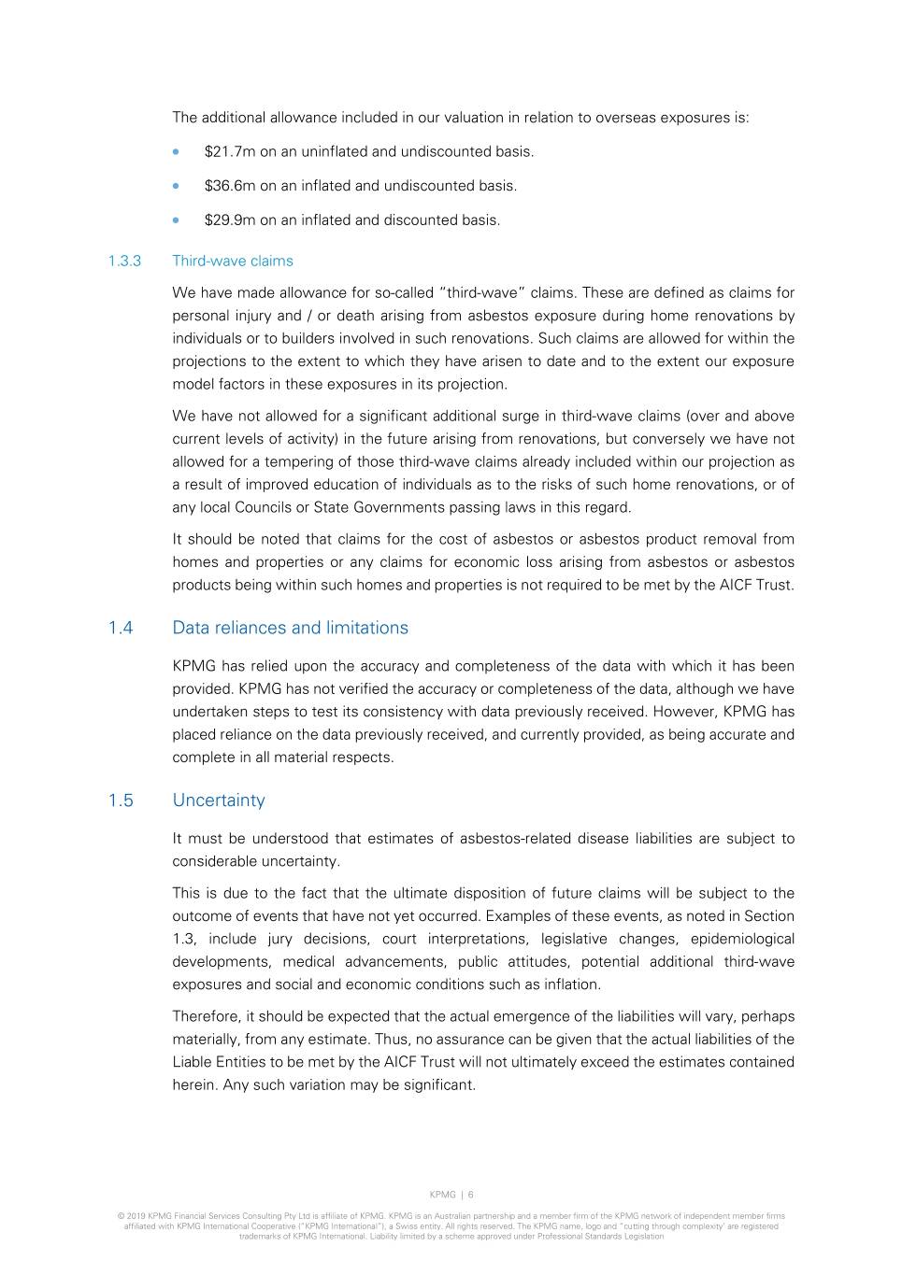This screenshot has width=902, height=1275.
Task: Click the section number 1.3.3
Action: (x=124, y=262)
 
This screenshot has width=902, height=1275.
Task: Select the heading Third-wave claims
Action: (x=233, y=262)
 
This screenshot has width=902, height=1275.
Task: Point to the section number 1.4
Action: (x=121, y=628)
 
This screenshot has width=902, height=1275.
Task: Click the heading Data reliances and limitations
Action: (x=290, y=628)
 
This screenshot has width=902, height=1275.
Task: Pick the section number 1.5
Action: (x=121, y=800)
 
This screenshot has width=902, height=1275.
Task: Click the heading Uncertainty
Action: (x=219, y=800)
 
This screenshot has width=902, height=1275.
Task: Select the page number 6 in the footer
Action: (x=471, y=1195)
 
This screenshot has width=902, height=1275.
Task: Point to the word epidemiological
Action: (x=742, y=939)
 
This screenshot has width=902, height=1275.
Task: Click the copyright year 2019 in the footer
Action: (x=136, y=1216)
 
